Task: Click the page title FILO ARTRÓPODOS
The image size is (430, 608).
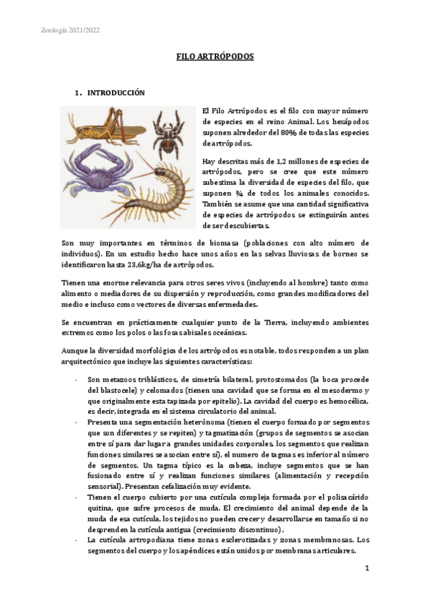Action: (x=215, y=56)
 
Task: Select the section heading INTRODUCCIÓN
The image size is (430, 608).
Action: (x=116, y=93)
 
